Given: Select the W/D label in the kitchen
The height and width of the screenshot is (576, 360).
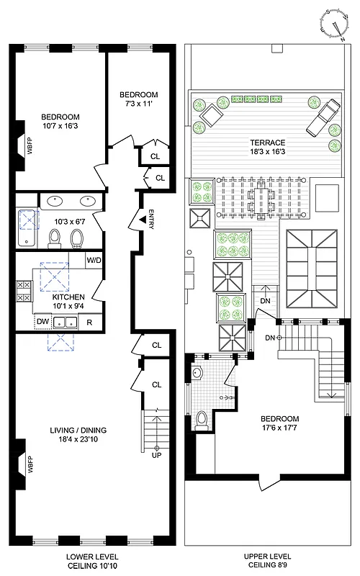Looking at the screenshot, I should click(94, 261).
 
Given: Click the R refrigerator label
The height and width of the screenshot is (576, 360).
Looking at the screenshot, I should click(90, 322).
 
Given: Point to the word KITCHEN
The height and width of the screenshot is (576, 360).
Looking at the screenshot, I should click(69, 297).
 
